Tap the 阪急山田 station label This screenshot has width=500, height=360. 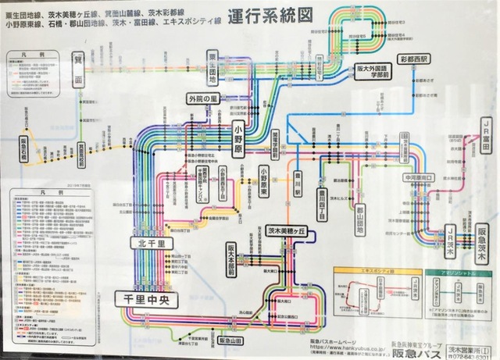pyautogui.click(x=232, y=340)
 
